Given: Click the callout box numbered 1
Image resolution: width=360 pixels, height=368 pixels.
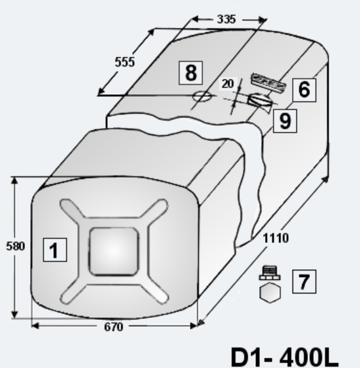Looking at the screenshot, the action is pos(55,250).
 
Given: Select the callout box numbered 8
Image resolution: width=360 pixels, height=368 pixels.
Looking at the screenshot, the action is pos(191,72).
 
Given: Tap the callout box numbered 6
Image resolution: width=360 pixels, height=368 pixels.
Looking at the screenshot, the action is pos(304,90).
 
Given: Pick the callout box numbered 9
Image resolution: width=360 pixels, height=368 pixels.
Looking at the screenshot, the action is pos(285,121).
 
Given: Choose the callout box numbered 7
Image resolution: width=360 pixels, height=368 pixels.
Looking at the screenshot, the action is pos(304,281).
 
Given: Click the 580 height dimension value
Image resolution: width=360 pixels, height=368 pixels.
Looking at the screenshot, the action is pos(15,246).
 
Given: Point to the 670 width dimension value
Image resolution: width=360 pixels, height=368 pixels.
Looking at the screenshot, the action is pos(114,327).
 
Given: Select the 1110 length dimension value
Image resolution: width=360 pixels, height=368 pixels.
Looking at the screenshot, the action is pos(276,238).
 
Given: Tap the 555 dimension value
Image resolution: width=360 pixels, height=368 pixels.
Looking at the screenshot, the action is pos(124,62).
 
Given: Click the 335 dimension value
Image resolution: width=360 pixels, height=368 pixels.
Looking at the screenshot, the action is pos(226,19).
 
